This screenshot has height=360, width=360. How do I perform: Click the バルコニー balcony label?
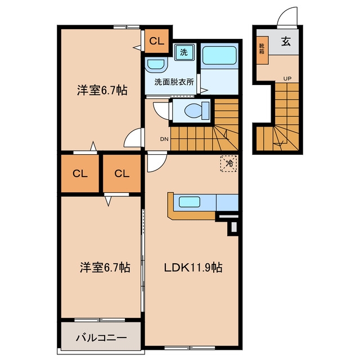(x=101, y=337)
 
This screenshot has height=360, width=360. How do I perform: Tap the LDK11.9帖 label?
(x=193, y=268)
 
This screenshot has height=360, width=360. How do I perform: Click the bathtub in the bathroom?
(x=219, y=55)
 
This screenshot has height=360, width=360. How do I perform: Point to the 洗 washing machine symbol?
(x=184, y=52)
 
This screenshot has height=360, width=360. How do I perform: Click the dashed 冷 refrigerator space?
(x=228, y=164)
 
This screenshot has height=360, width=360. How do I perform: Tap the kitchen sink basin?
(x=190, y=202)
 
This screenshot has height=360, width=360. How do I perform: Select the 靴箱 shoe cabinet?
(x=262, y=50)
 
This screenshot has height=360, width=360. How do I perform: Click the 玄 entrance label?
(x=286, y=42)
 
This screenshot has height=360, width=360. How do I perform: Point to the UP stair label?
(x=287, y=79)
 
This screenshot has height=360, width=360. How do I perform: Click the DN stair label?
(x=164, y=139)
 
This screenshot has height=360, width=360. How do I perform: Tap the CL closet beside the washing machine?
(x=157, y=41)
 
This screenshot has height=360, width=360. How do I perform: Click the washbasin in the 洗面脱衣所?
(x=155, y=65)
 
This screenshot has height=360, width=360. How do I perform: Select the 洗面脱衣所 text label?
(x=174, y=82)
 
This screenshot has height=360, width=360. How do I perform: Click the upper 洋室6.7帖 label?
(x=102, y=90)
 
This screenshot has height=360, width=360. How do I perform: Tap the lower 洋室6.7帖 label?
(x=105, y=268)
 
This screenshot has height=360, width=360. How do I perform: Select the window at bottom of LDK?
(x=190, y=348)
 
